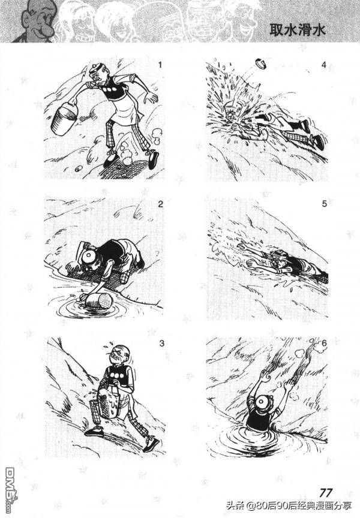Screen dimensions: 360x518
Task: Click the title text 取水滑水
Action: coord(298,30)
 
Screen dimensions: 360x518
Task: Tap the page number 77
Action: coord(326,493)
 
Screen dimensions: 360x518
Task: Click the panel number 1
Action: coord(160,65)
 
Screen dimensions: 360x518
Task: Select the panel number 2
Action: coord(160,204)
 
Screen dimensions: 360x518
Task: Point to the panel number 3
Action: coord(161,344)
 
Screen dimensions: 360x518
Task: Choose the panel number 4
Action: coord(323,65)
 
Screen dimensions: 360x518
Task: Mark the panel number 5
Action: coord(324,204)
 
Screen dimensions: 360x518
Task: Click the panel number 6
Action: coord(324,344)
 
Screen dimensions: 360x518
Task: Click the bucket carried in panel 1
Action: coord(64,118)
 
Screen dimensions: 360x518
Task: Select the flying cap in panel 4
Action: coord(262,64)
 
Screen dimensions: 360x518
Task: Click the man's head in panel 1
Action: coord(98,74)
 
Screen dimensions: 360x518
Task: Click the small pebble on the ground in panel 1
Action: coord(79,168)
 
